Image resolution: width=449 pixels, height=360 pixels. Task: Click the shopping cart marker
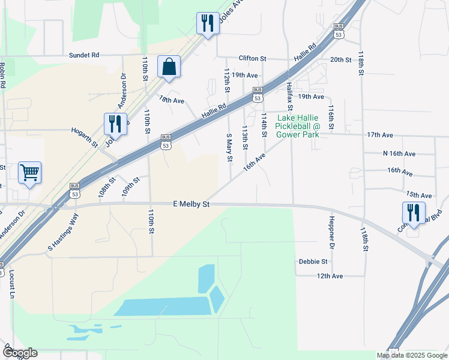(x=29, y=173)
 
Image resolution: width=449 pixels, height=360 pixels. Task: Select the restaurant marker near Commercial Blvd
(x=414, y=212)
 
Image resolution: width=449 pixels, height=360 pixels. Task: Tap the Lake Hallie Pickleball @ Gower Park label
(x=298, y=126)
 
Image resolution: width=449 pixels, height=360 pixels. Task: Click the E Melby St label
(x=191, y=205)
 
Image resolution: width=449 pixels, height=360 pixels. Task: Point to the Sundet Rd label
(x=83, y=54)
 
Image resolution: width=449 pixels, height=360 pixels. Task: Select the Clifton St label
(x=252, y=58)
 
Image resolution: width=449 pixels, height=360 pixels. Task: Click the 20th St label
(x=340, y=59)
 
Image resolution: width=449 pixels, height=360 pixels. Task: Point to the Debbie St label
(x=313, y=262)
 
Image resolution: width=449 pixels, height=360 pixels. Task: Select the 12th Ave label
(x=330, y=276)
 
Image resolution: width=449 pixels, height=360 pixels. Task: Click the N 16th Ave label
(x=399, y=154)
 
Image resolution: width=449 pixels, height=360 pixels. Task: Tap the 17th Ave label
(x=379, y=135)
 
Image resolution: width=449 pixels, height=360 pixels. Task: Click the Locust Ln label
(x=11, y=284)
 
